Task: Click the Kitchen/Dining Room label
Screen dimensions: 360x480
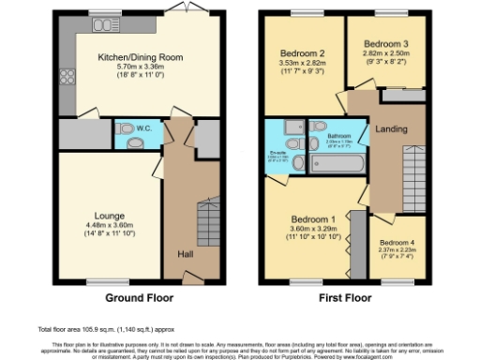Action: pyautogui.click(x=141, y=56)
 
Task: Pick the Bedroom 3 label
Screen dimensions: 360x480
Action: pyautogui.click(x=385, y=44)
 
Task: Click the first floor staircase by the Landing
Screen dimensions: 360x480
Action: pyautogui.click(x=411, y=178)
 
